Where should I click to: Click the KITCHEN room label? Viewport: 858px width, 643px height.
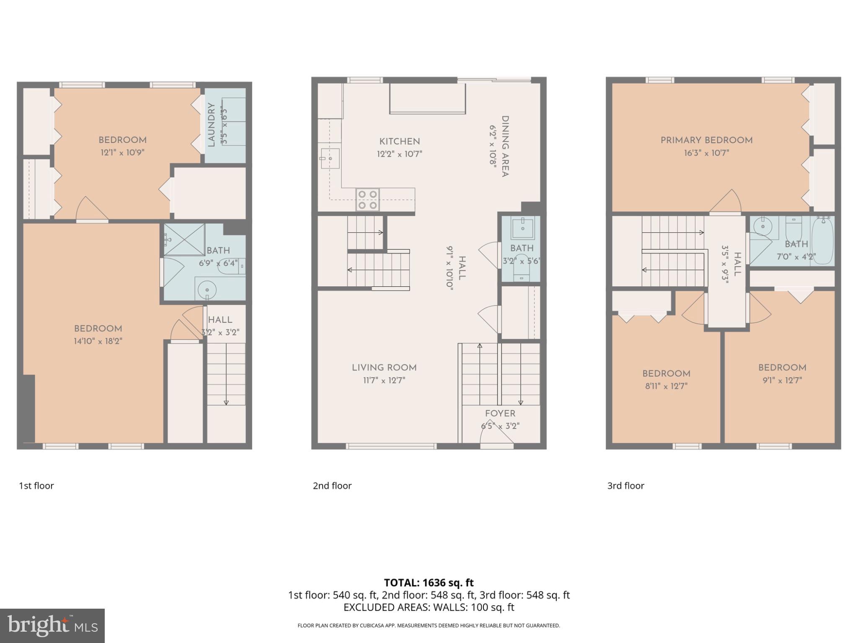coord(399,141)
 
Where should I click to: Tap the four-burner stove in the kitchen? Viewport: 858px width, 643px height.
coord(368,200)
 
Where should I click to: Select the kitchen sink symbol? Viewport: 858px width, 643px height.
coord(330,158)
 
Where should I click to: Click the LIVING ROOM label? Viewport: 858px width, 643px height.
coord(384,368)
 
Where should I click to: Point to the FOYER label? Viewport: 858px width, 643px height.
coord(500,414)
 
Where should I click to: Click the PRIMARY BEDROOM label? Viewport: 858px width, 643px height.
coord(706,140)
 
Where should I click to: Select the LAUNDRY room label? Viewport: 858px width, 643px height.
coord(211,125)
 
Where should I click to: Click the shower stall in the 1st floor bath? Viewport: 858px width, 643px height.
coord(184,239)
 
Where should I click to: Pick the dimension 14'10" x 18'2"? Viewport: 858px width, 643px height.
coord(98,341)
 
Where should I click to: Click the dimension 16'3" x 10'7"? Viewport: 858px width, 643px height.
coord(706,153)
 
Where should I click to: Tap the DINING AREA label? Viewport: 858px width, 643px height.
coord(505,147)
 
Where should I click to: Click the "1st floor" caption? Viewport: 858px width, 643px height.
coord(36,486)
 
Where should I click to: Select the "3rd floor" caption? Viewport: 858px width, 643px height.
coord(625,486)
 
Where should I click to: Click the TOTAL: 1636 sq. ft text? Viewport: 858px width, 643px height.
coord(429,583)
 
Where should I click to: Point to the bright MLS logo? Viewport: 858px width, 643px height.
coord(52,625)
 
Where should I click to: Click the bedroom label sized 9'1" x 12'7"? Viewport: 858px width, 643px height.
coord(782,368)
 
